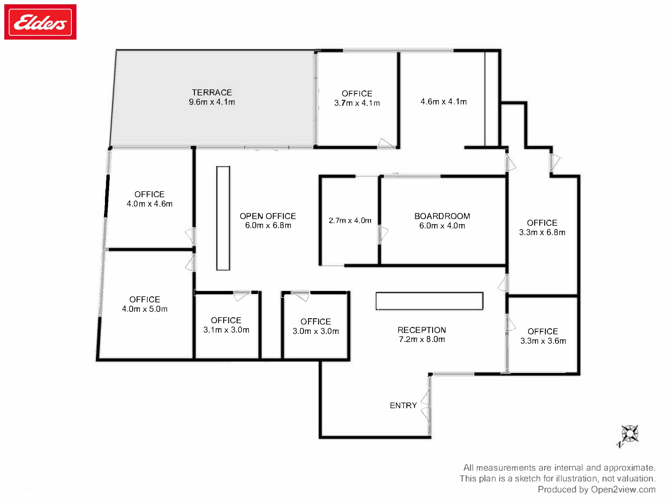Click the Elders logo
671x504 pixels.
tap(40, 22)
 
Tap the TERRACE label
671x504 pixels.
tap(212, 92)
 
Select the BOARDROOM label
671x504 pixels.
tap(442, 216)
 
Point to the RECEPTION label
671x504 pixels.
tap(422, 330)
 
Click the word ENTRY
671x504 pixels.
tap(403, 406)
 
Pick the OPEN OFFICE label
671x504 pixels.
tap(268, 216)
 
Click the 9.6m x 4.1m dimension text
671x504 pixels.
tap(212, 102)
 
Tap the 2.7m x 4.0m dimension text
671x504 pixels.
tap(350, 220)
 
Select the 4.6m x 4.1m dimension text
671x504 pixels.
tap(444, 101)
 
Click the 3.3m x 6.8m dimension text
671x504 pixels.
tap(542, 233)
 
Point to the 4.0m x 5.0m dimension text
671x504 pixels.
tap(145, 309)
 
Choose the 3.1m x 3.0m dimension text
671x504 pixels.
tap(226, 330)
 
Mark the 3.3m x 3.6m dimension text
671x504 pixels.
tap(543, 341)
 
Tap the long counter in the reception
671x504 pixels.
tap(429, 301)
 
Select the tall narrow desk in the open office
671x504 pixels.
tap(223, 218)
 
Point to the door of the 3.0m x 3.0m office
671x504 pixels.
tap(300, 295)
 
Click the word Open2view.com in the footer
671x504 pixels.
tap(623, 490)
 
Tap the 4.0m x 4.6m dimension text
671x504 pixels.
tap(149, 204)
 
